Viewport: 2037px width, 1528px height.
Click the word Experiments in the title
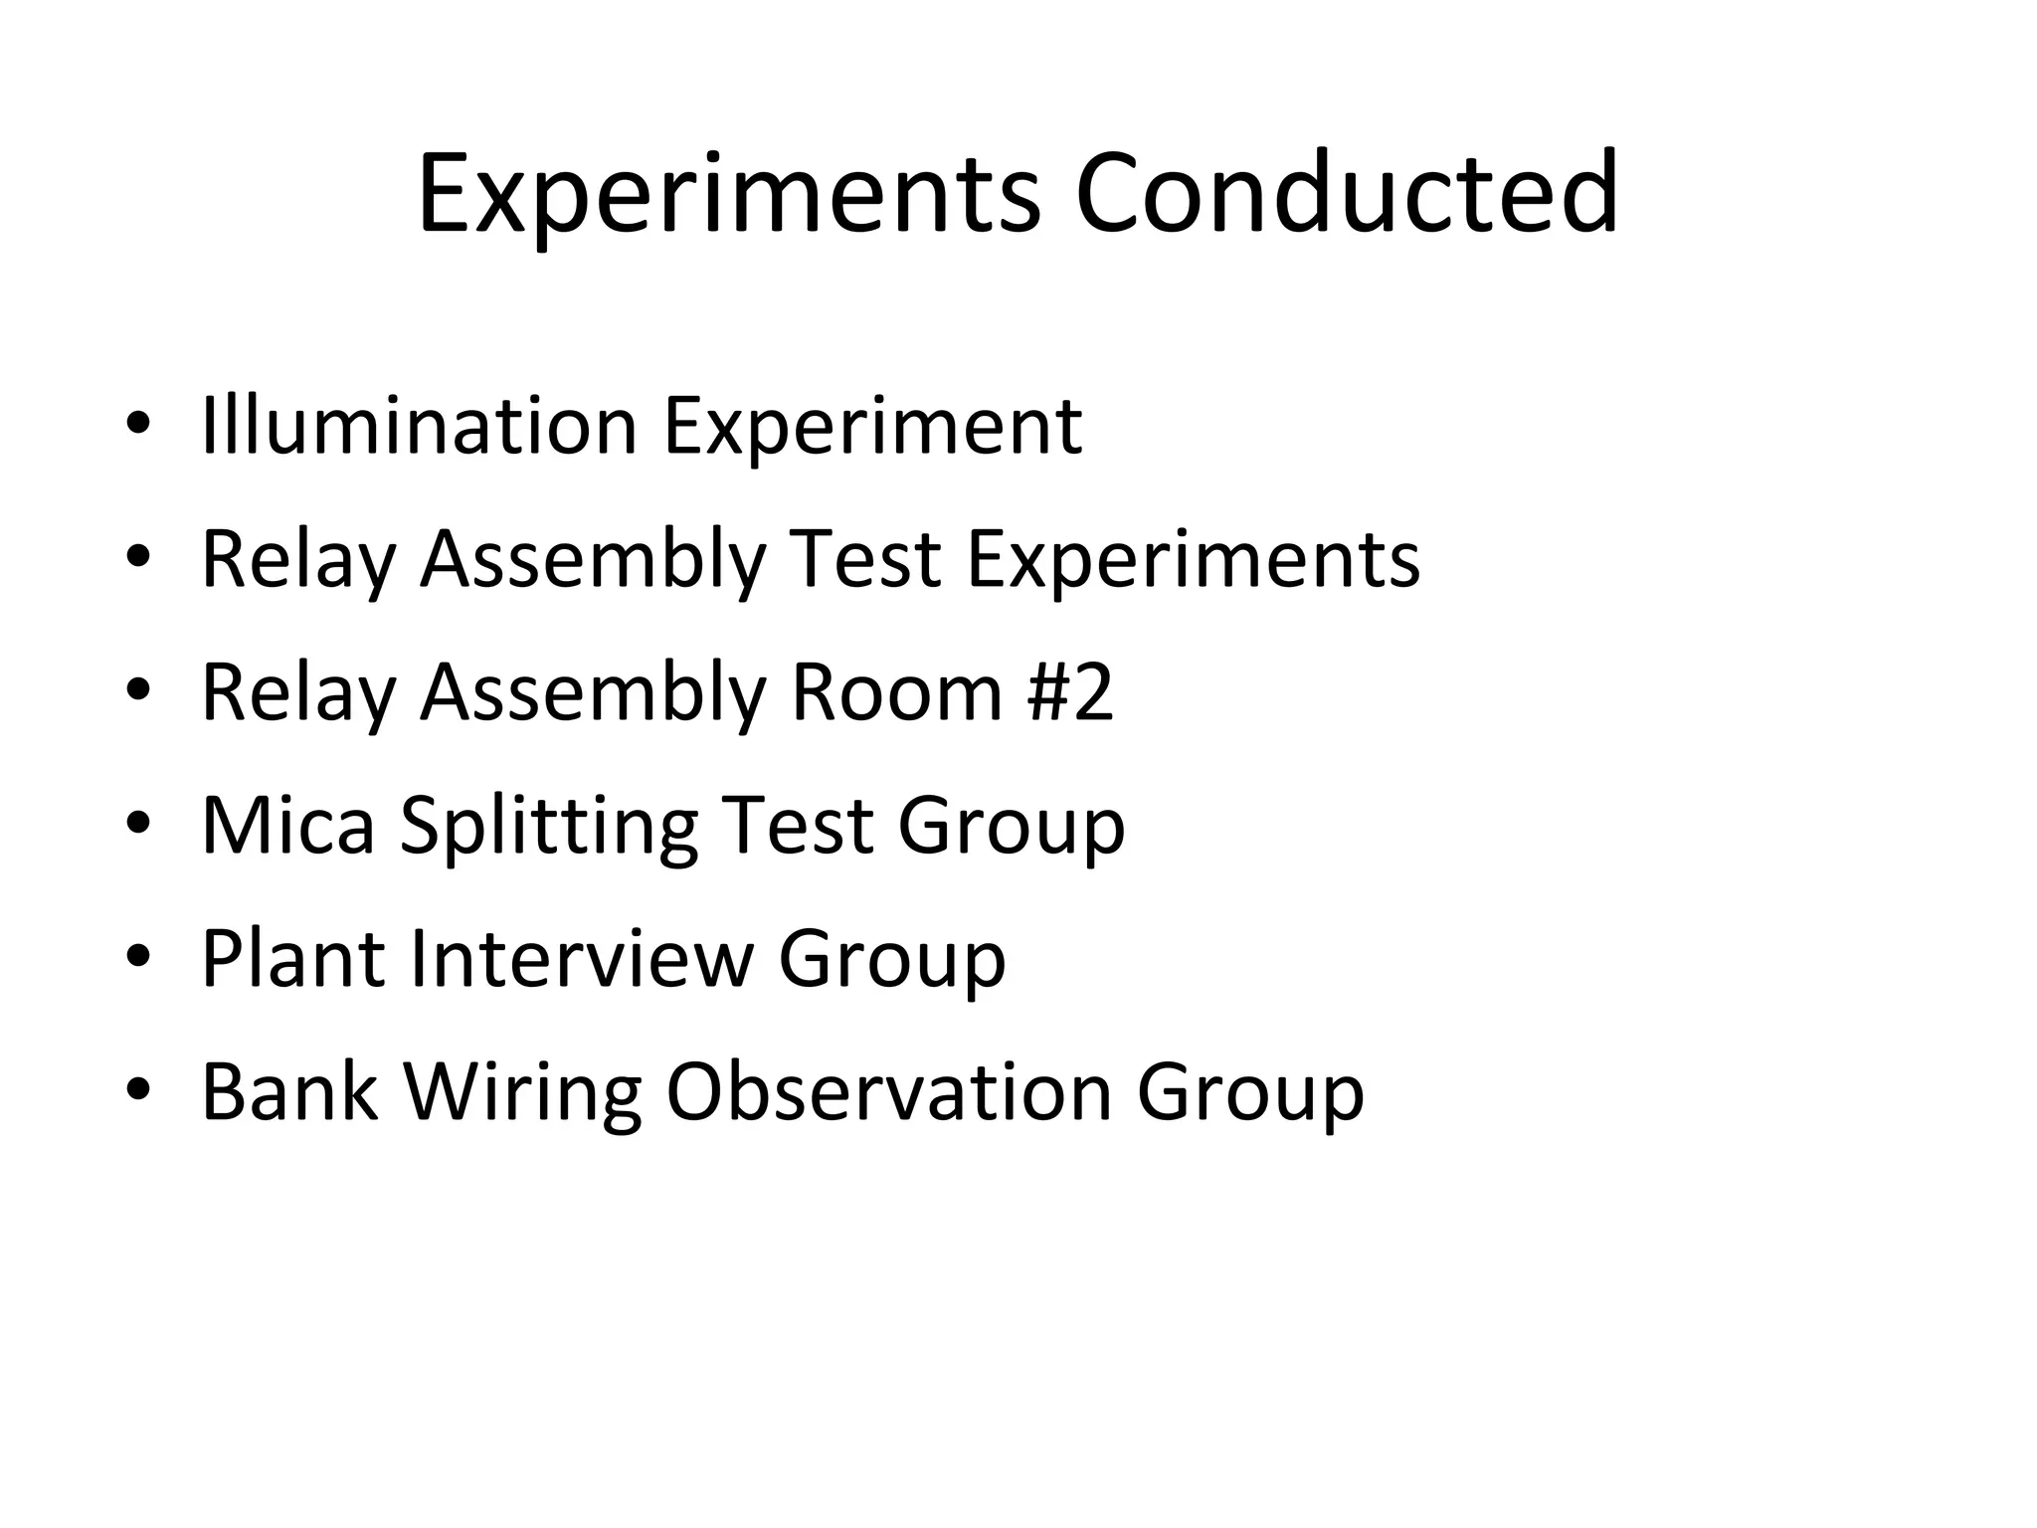[x=729, y=195]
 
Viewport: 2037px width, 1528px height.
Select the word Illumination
[x=419, y=426]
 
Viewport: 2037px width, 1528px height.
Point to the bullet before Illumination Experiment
[x=138, y=426]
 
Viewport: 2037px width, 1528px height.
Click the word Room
[x=896, y=692]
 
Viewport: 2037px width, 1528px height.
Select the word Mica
[x=288, y=826]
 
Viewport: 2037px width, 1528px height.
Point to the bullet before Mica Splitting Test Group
[x=138, y=826]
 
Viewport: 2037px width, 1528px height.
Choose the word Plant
[x=293, y=959]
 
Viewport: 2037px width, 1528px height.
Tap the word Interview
[x=581, y=959]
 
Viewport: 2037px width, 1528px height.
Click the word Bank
[x=289, y=1092]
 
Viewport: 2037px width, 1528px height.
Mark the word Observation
[x=888, y=1092]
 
